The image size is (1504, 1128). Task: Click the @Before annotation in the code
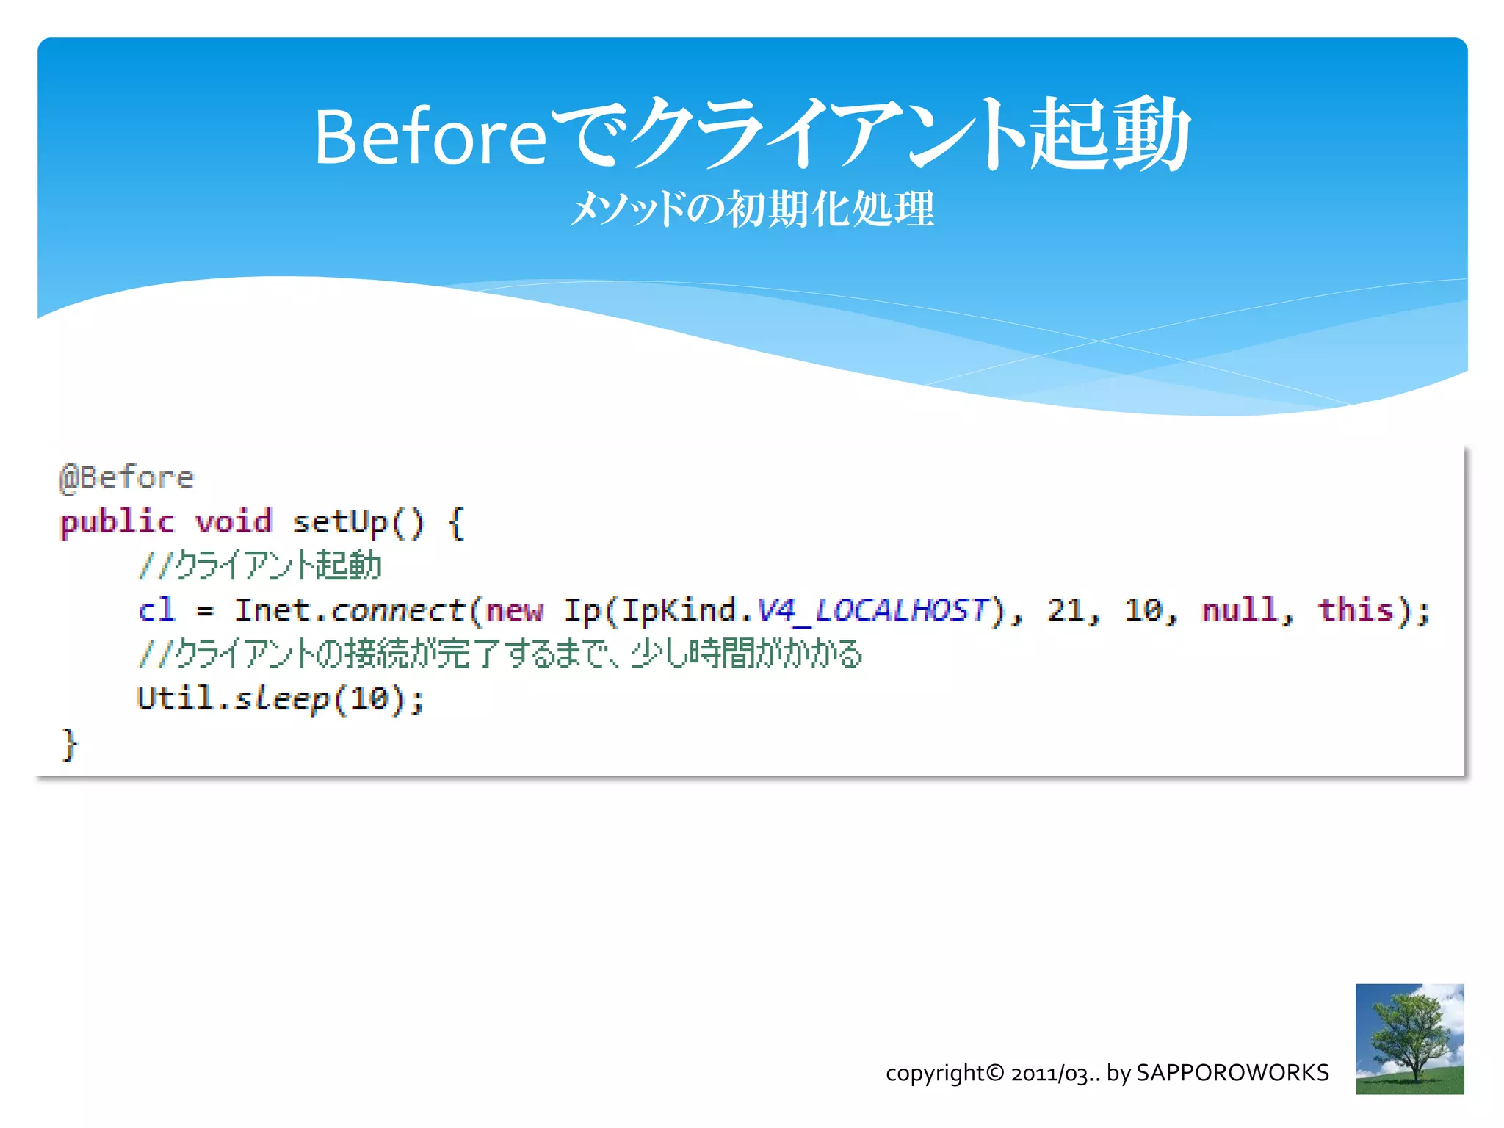pyautogui.click(x=127, y=478)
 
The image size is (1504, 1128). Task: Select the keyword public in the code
pyautogui.click(x=117, y=522)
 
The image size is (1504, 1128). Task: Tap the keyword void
pyautogui.click(x=234, y=522)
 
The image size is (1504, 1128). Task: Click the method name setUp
pyautogui.click(x=340, y=522)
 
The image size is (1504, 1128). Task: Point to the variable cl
pyautogui.click(x=156, y=610)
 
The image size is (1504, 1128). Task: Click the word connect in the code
pyautogui.click(x=398, y=610)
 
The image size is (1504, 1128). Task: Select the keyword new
pyautogui.click(x=515, y=610)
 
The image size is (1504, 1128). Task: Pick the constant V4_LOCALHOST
pyautogui.click(x=872, y=610)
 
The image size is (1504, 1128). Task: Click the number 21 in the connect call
pyautogui.click(x=1066, y=610)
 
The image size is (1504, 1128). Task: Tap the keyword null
pyautogui.click(x=1239, y=610)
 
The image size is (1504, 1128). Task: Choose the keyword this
pyautogui.click(x=1356, y=610)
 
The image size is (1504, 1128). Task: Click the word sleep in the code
pyautogui.click(x=282, y=698)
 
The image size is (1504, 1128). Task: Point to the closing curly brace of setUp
pyautogui.click(x=69, y=744)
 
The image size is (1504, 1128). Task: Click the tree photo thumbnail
pyautogui.click(x=1409, y=1038)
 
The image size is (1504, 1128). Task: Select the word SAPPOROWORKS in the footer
pyautogui.click(x=1232, y=1073)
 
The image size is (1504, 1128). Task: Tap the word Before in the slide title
pyautogui.click(x=430, y=137)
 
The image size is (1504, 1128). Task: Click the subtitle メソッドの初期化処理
pyautogui.click(x=751, y=209)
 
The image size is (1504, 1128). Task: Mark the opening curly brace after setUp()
pyautogui.click(x=456, y=522)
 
